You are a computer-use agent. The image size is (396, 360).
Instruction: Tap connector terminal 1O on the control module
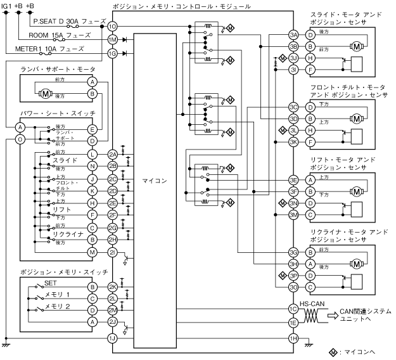click(112, 27)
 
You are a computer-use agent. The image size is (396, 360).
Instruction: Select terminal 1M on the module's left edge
click(112, 40)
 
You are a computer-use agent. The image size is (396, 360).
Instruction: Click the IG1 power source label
click(6, 6)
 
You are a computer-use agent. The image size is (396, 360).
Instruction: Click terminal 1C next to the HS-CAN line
click(293, 309)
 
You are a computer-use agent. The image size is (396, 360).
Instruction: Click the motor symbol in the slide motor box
click(356, 46)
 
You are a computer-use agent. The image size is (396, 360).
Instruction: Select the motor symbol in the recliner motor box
click(356, 263)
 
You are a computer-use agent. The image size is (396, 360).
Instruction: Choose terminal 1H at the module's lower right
click(293, 338)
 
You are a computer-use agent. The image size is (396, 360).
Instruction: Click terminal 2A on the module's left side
click(112, 154)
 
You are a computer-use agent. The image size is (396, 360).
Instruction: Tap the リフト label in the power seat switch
click(62, 210)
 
